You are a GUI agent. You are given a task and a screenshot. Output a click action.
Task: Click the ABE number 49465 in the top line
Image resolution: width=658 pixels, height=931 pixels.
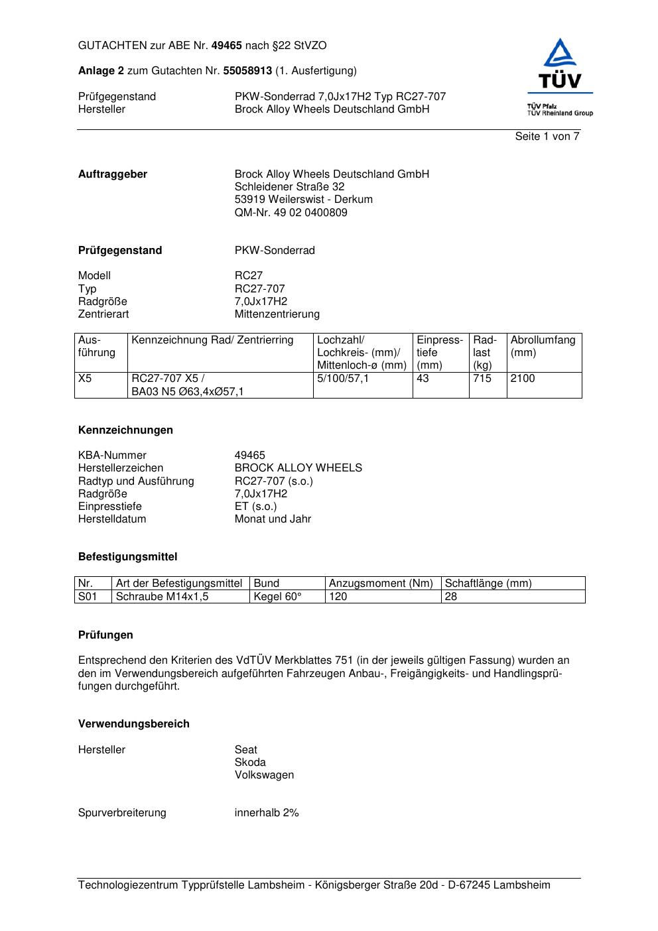226,46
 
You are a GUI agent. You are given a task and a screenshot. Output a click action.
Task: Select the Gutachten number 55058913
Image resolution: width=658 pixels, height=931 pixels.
247,71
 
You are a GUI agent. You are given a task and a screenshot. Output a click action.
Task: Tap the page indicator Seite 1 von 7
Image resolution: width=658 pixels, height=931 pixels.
547,137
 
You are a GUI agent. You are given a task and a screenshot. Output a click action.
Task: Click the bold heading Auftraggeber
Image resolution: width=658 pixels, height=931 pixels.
113,174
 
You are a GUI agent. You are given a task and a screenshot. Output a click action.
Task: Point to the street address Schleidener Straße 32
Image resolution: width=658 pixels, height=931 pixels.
289,187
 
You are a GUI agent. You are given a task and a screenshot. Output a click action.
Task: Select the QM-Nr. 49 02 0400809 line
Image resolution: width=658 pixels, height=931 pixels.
291,213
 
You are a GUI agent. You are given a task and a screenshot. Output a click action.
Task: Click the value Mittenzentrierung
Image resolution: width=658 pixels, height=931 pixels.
277,314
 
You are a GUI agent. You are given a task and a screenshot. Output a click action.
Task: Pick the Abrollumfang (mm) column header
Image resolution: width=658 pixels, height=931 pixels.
543,346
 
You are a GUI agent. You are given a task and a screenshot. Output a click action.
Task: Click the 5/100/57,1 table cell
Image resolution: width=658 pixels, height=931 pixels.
343,379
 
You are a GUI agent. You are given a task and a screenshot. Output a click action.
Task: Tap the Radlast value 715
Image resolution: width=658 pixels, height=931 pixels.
482,379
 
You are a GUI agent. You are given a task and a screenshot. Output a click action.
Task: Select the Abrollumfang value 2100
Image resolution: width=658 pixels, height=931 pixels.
523,379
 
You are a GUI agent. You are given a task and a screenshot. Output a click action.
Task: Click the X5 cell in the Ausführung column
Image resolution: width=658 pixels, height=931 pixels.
86,379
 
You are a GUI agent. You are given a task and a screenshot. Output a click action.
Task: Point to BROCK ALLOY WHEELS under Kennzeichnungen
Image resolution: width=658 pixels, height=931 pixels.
298,468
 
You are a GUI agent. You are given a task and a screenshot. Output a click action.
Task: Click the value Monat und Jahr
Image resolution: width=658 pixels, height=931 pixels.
273,519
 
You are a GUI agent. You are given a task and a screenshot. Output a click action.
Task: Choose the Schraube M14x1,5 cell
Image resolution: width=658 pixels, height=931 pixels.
162,597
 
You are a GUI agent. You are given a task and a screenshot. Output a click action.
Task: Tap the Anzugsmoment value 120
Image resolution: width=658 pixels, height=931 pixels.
338,597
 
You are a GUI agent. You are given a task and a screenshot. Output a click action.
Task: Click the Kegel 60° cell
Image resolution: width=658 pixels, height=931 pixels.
277,597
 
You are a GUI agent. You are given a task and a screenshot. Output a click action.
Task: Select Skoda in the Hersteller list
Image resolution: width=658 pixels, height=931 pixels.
250,763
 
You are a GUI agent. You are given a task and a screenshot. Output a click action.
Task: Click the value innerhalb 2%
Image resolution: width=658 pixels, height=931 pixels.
267,813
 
